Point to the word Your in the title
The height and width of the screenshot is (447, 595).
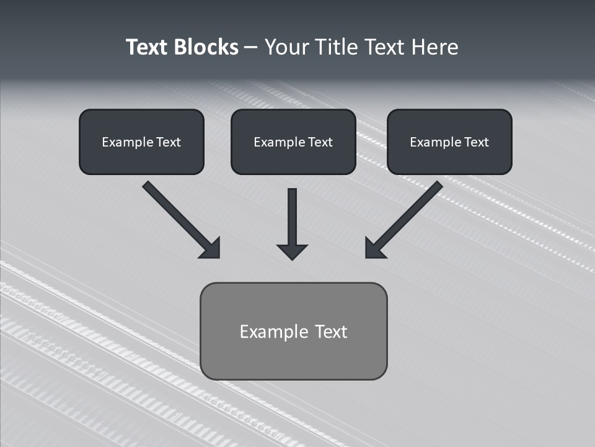point(287,47)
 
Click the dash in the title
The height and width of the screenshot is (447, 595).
point(251,48)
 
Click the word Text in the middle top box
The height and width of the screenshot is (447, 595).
point(320,142)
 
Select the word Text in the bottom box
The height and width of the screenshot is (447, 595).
point(332,332)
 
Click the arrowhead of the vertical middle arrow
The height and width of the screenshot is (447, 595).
point(292,251)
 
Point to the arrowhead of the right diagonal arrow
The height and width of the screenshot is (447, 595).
point(374,248)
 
